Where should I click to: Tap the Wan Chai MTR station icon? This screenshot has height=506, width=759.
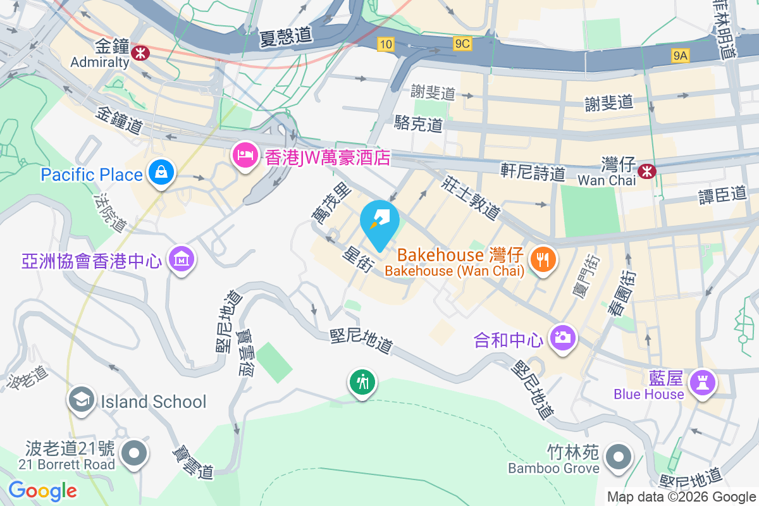click(x=646, y=170)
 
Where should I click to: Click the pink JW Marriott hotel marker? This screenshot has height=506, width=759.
click(x=244, y=155)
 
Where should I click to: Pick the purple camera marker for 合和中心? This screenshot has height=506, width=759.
click(x=562, y=337)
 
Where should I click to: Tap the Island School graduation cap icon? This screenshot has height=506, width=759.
click(x=82, y=400)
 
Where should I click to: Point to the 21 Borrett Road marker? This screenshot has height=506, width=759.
click(x=134, y=454)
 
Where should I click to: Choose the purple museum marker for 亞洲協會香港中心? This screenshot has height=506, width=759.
click(x=182, y=259)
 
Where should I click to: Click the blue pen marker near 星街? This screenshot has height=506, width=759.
click(x=379, y=221)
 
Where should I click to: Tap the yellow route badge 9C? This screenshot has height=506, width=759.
click(x=462, y=44)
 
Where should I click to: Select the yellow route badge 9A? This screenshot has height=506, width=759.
click(x=680, y=56)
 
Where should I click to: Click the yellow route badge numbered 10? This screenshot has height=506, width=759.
click(x=386, y=44)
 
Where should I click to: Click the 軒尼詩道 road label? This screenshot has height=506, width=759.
click(x=533, y=171)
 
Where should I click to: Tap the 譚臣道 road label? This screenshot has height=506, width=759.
click(x=722, y=194)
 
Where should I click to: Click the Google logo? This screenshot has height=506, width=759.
click(x=43, y=490)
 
